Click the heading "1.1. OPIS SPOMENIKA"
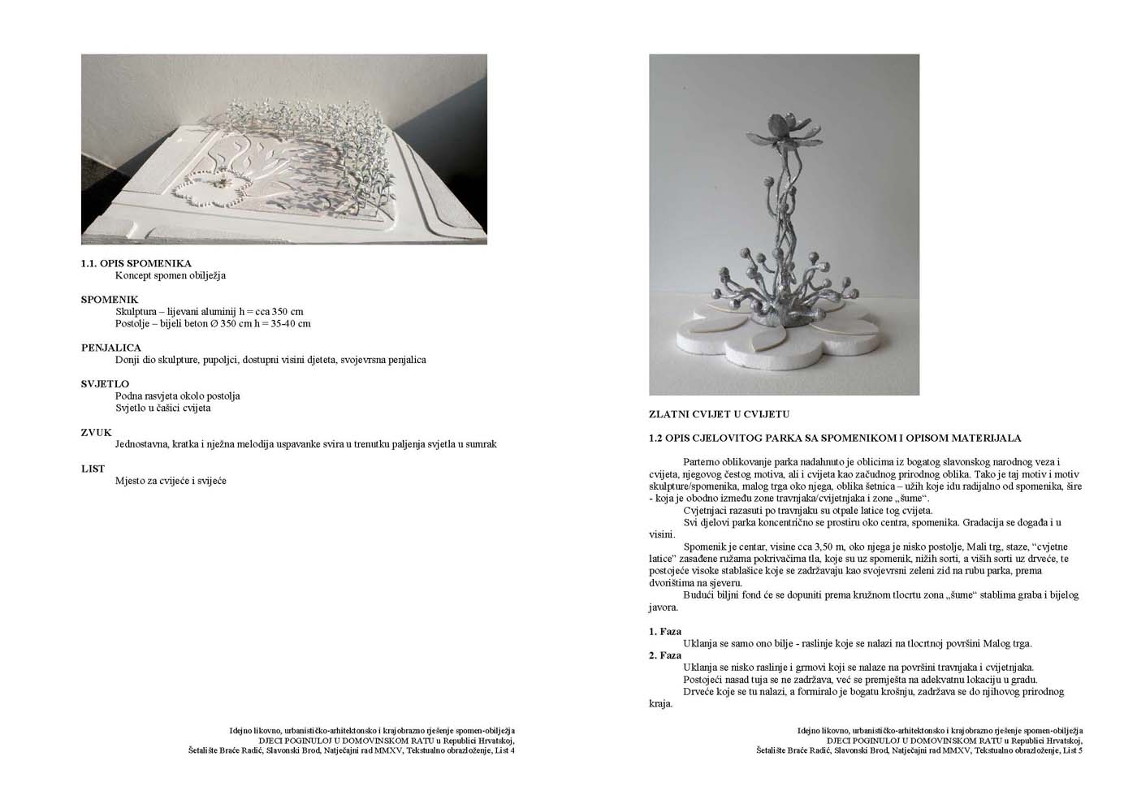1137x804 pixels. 136,263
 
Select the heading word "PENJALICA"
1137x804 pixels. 110,348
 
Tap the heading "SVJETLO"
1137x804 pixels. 105,383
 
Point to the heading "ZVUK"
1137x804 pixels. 96,432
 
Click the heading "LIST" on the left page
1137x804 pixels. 93,469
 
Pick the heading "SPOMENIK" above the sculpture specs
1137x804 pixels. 110,300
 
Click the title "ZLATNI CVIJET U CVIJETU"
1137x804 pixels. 719,413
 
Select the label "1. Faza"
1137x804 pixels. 665,631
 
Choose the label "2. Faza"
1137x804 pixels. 665,655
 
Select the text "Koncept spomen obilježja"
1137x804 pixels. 171,275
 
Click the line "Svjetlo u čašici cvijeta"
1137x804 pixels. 162,408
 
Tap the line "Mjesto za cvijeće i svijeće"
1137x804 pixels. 171,481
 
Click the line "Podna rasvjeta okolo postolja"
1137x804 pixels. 177,396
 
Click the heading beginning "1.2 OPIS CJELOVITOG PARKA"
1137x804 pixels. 834,438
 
